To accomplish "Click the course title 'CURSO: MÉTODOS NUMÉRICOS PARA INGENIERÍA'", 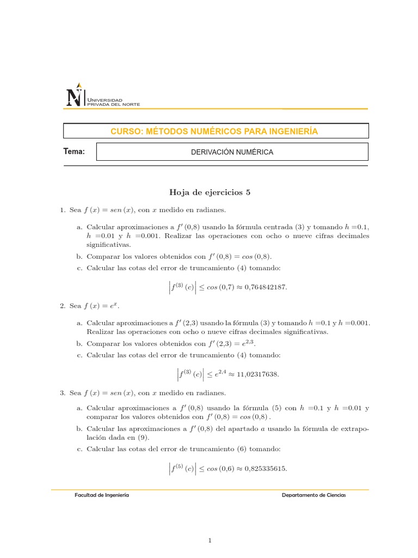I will point(214,131).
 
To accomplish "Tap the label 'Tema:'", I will point(75,151).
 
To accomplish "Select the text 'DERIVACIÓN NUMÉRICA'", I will point(232,152).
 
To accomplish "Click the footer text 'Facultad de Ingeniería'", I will point(102,495).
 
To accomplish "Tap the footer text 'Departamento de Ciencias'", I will point(313,495).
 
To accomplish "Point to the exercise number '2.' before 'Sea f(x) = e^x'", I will point(63,306).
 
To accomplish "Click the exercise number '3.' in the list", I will point(63,393).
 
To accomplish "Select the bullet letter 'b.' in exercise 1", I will point(80,256).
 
